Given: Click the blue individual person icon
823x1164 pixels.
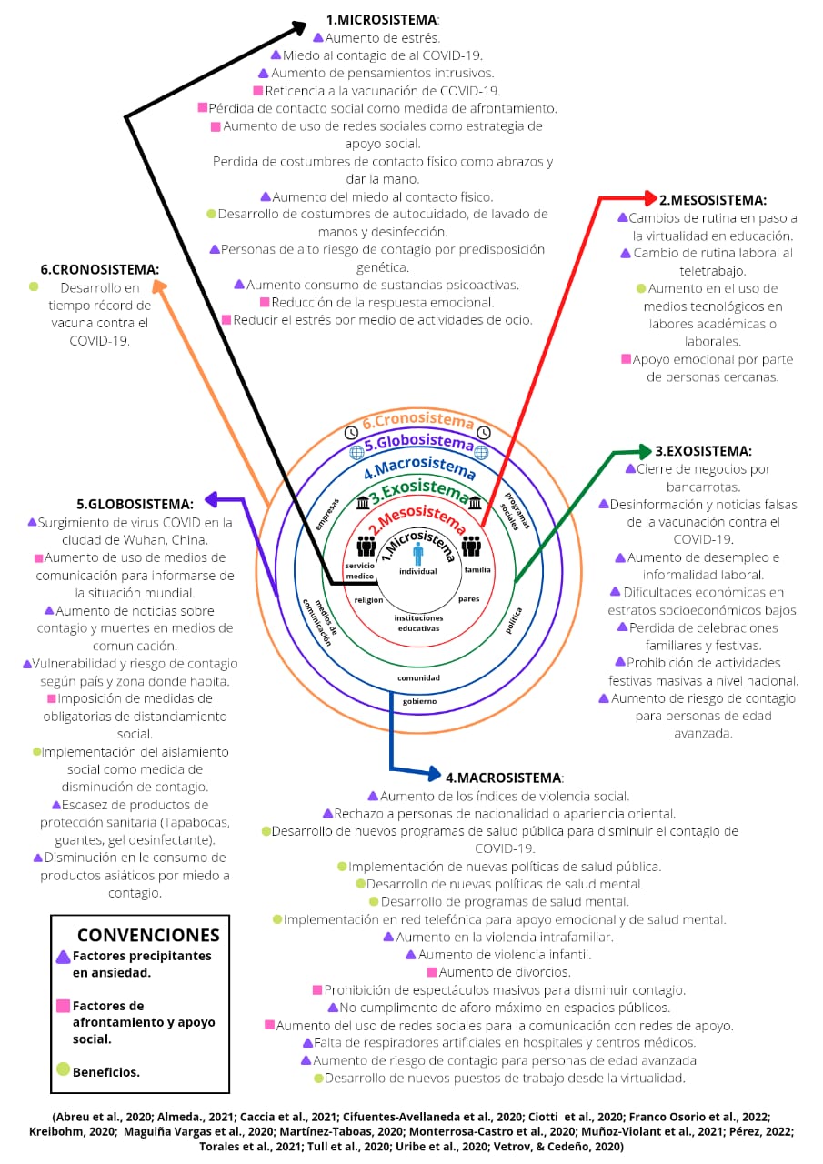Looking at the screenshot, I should click(418, 554).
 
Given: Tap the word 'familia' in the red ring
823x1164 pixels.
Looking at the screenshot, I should click(477, 569).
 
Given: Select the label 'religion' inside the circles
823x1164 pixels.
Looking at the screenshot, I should click(368, 599).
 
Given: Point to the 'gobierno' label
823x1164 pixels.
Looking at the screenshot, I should click(419, 701).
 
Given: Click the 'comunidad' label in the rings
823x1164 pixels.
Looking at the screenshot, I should click(418, 677).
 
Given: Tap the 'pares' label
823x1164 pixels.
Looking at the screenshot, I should click(469, 599).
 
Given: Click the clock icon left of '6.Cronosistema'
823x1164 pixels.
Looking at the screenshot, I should click(352, 431).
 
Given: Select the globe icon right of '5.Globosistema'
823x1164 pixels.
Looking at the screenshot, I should click(482, 451).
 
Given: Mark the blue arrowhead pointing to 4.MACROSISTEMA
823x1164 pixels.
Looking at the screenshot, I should click(435, 775).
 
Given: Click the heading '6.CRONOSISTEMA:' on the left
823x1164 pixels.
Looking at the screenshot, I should click(100, 269).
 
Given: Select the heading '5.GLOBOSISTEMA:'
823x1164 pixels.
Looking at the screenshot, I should click(135, 504).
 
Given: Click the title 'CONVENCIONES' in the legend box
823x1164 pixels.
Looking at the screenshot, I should click(148, 935).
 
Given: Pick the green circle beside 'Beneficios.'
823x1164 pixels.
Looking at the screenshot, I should click(63, 1069).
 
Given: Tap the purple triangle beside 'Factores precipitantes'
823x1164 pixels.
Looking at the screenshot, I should click(63, 957).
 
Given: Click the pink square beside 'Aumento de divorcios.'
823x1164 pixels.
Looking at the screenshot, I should click(431, 972).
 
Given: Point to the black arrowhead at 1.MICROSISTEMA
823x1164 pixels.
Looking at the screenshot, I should click(299, 27).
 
